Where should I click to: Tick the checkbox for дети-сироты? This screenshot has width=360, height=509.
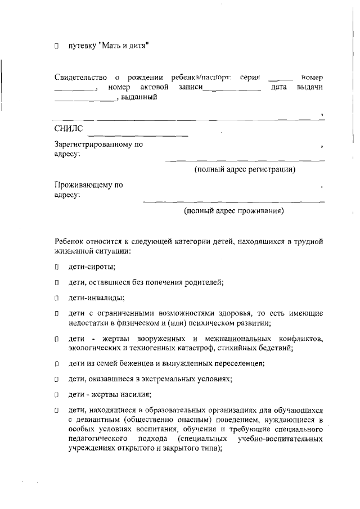(57, 268)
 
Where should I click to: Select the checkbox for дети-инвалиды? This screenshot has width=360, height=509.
(57, 298)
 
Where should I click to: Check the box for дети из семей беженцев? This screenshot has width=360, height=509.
(57, 364)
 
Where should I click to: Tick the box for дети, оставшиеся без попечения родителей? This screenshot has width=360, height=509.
(57, 283)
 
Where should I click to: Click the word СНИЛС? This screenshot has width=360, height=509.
(69, 129)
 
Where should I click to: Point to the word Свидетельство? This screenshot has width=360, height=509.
(80, 77)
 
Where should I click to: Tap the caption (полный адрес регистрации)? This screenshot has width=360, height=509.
(245, 169)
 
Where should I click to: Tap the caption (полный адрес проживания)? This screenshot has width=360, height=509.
(234, 211)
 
